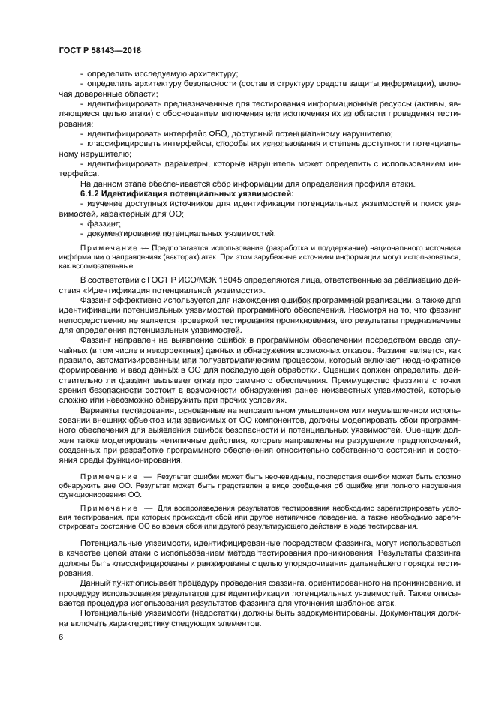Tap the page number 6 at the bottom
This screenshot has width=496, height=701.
tap(59, 637)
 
